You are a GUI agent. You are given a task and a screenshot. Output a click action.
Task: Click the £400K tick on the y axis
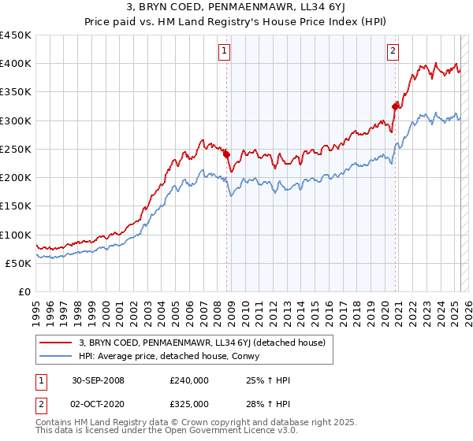pos(16,64)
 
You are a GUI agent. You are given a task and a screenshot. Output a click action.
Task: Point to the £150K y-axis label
pos(16,206)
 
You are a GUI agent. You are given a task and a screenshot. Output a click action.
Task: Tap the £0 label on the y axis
pos(24,292)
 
